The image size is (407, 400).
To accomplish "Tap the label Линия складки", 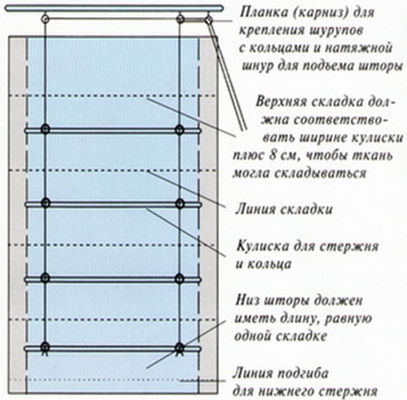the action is (284, 209).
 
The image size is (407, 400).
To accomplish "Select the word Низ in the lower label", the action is (246, 300).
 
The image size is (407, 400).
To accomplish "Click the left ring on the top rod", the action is (45, 129).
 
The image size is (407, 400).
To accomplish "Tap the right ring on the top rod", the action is (179, 129).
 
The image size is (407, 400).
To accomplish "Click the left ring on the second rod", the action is (45, 203).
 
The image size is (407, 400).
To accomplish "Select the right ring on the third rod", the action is (179, 278).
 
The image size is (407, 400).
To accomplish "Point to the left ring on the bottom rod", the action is (45, 347).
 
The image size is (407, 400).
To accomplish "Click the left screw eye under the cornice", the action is (46, 18).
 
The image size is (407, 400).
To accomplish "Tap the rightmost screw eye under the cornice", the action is (208, 19).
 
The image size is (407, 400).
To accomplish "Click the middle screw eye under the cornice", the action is (180, 19).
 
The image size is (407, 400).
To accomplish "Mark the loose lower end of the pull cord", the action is (244, 129).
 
